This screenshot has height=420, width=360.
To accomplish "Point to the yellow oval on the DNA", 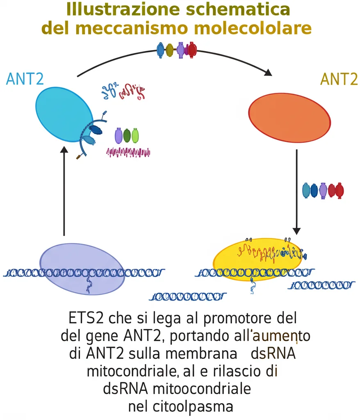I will pyautogui.click(x=257, y=259).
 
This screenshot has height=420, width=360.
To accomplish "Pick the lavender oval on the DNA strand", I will pyautogui.click(x=82, y=268).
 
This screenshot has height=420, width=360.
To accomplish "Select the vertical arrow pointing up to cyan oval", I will pyautogui.click(x=64, y=193).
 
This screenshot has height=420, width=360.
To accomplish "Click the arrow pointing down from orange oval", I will pyautogui.click(x=296, y=193).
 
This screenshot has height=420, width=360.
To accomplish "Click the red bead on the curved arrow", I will pyautogui.click(x=192, y=50).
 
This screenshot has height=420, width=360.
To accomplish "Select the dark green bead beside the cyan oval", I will pyautogui.click(x=127, y=135).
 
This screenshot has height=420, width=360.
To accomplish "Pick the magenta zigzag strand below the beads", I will pyautogui.click(x=128, y=153).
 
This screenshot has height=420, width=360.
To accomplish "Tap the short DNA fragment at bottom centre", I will pyautogui.click(x=187, y=296).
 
